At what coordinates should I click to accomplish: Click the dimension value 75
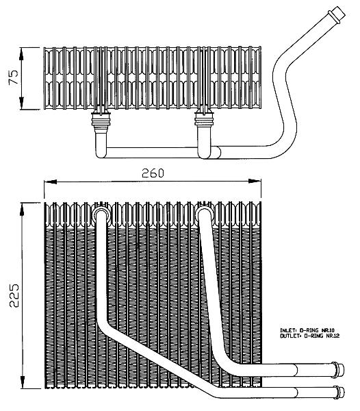click(14, 77)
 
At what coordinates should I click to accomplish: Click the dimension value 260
click(153, 173)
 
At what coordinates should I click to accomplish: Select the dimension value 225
click(14, 295)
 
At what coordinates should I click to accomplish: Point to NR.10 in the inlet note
click(329, 330)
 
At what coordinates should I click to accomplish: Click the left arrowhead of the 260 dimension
click(50, 182)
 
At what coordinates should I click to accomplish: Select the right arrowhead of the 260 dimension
click(255, 181)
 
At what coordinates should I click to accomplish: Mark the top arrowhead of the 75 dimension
click(21, 54)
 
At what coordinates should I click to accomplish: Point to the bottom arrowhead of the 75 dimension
click(21, 103)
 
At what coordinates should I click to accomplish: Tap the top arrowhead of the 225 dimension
click(22, 209)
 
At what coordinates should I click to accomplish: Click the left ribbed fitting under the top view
click(101, 120)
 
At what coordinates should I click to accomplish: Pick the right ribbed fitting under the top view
click(204, 120)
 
